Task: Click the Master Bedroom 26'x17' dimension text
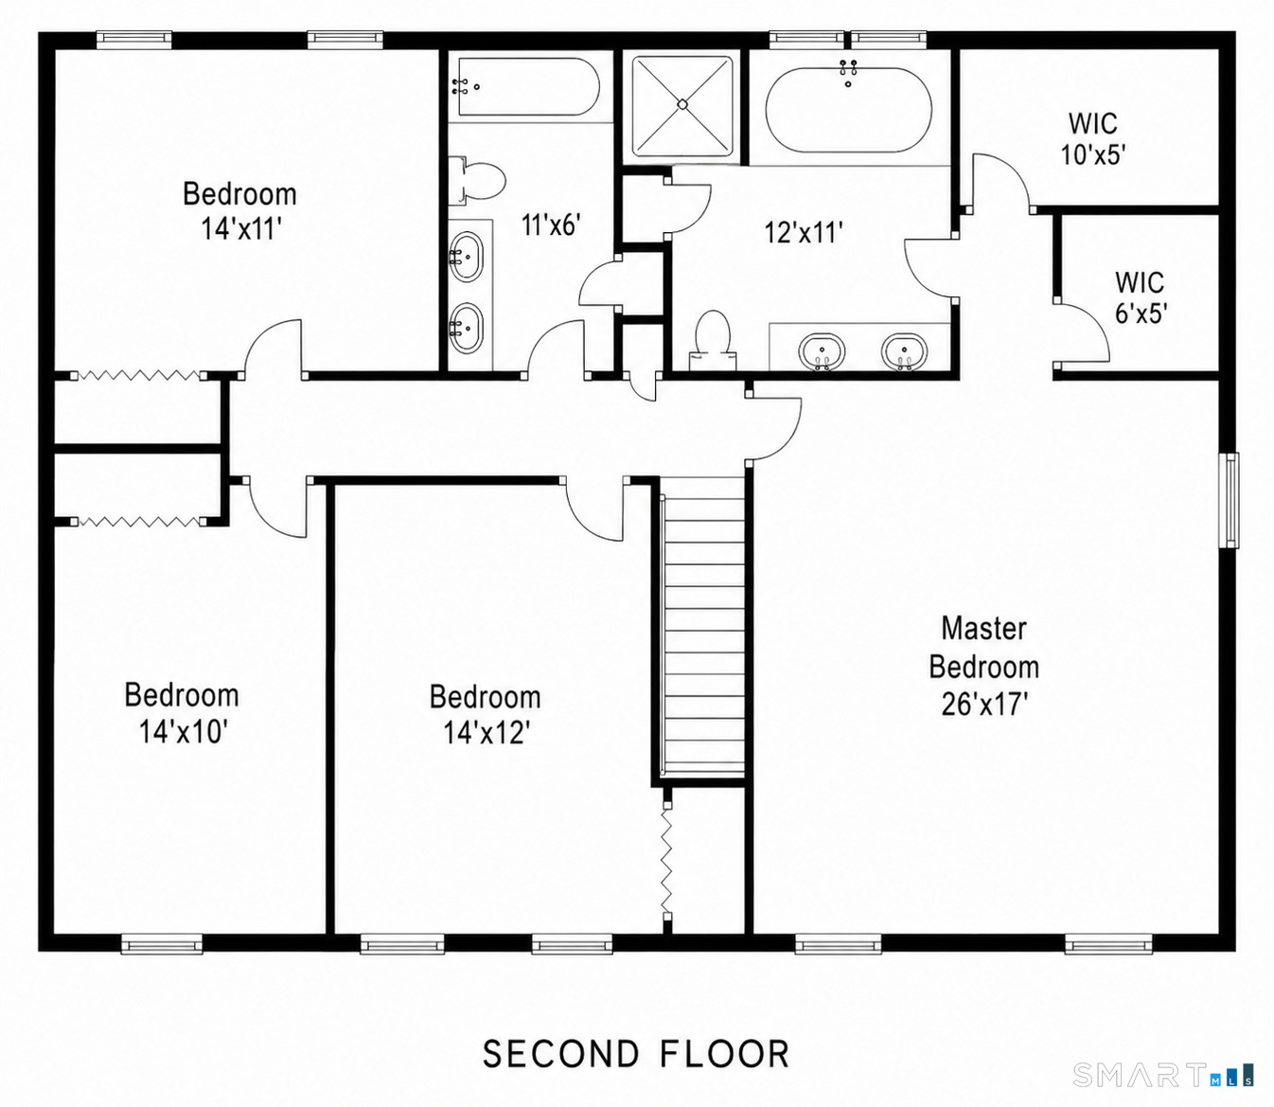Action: click(x=983, y=667)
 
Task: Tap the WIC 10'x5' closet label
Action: click(x=1093, y=139)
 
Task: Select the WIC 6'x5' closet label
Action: click(x=1141, y=297)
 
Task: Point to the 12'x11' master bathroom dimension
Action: click(x=804, y=232)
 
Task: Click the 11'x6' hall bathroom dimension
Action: click(x=551, y=224)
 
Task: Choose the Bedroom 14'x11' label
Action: click(x=239, y=210)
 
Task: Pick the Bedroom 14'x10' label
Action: click(x=181, y=713)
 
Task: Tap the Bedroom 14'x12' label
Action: click(x=486, y=715)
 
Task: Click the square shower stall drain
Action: click(x=682, y=105)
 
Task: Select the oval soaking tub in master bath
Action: click(x=849, y=110)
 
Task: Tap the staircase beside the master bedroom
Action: click(x=703, y=628)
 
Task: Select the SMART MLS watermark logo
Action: click(x=1163, y=1075)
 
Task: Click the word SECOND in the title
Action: click(x=561, y=1054)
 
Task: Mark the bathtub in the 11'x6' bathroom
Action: click(x=529, y=86)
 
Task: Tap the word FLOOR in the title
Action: click(x=725, y=1054)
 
